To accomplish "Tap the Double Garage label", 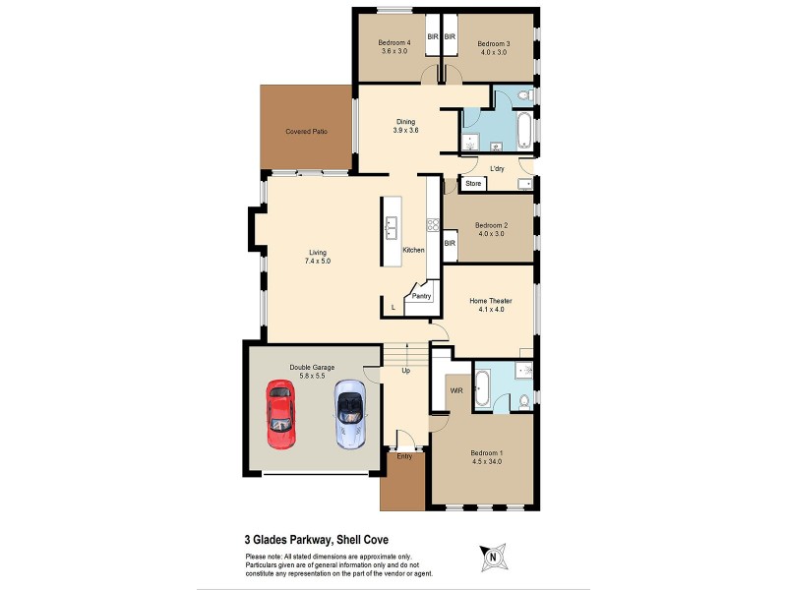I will (x=312, y=368).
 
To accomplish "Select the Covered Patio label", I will (x=306, y=131).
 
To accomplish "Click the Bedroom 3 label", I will (x=494, y=43).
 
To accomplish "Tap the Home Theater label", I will (x=490, y=301).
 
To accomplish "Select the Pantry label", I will (x=422, y=295).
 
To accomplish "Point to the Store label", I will (x=473, y=184).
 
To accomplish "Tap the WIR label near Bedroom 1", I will (x=455, y=390).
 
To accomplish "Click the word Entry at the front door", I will (x=404, y=456).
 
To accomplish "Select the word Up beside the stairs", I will (x=405, y=371).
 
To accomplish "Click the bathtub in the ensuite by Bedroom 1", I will (x=483, y=387).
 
